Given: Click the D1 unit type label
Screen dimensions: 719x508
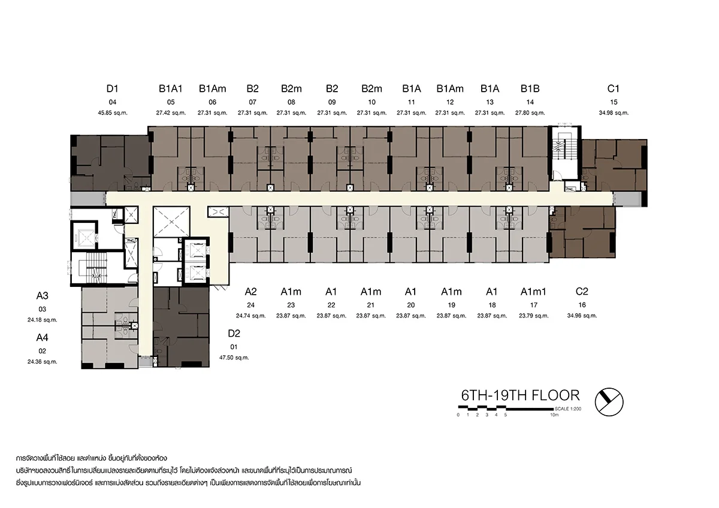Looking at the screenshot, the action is (x=113, y=89).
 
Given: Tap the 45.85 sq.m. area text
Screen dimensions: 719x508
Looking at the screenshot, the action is (x=113, y=113).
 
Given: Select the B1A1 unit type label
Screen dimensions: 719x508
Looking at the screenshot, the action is (x=171, y=89).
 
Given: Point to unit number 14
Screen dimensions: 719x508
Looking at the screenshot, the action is (x=530, y=102).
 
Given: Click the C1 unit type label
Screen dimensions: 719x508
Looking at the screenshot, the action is (x=614, y=89).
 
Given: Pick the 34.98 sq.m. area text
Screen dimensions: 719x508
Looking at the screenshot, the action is (x=614, y=113).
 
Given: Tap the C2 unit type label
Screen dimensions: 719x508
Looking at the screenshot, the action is (x=582, y=291).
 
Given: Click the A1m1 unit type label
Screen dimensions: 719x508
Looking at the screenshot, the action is (x=533, y=292).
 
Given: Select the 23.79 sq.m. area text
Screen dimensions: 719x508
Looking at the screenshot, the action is (x=534, y=316).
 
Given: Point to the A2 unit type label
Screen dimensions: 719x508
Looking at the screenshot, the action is (x=250, y=292).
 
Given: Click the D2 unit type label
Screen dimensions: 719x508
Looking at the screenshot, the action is (x=234, y=334).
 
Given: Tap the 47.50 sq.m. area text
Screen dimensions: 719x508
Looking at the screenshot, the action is (x=234, y=358).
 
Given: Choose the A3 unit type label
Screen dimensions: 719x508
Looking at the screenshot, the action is (x=42, y=295).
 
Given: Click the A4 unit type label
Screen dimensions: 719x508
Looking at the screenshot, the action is (x=42, y=338).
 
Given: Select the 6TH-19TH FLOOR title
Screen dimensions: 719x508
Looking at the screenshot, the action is (x=520, y=395).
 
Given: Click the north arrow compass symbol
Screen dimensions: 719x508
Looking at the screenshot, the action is (x=609, y=402).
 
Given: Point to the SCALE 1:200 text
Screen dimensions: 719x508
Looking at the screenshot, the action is (x=568, y=409).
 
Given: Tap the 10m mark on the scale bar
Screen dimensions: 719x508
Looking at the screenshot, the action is (x=554, y=415).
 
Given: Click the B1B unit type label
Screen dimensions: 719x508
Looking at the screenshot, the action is (x=530, y=89).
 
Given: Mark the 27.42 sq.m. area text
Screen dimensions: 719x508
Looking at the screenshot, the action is (x=171, y=113).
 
